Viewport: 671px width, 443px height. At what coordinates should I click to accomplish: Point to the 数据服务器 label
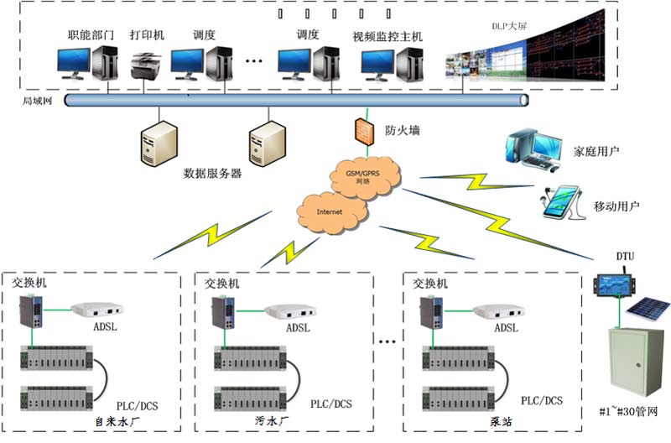(212, 174)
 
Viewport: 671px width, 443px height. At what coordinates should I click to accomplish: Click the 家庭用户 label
(596, 152)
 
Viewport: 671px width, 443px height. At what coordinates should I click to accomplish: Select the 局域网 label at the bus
(36, 100)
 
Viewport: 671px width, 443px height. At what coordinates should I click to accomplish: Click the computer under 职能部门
(87, 62)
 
